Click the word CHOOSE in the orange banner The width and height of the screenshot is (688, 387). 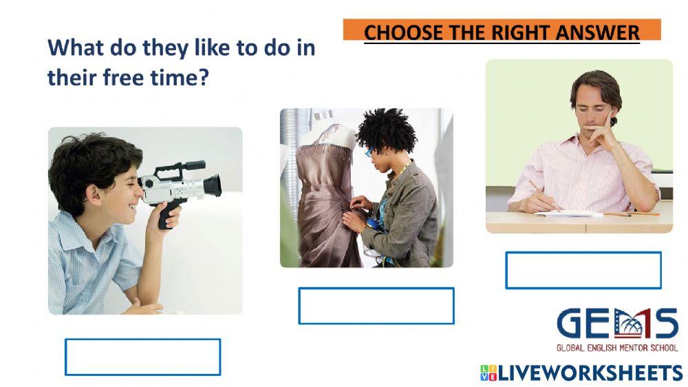403,33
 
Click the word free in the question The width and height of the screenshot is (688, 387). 123,78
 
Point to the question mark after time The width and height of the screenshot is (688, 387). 203,78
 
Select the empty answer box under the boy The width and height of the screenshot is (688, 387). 142,357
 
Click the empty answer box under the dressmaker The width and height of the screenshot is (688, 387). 376,306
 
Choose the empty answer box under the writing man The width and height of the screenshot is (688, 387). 583,270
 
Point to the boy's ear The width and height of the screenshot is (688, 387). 93,195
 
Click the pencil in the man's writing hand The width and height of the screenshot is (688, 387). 544,195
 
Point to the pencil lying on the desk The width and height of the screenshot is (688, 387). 632,214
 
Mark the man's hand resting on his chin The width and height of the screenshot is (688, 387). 599,129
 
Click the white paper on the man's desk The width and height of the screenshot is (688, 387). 570,213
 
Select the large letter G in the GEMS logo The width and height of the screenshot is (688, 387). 572,324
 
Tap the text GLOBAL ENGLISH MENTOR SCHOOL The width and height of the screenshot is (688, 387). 617,348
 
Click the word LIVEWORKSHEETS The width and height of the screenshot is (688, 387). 590,373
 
